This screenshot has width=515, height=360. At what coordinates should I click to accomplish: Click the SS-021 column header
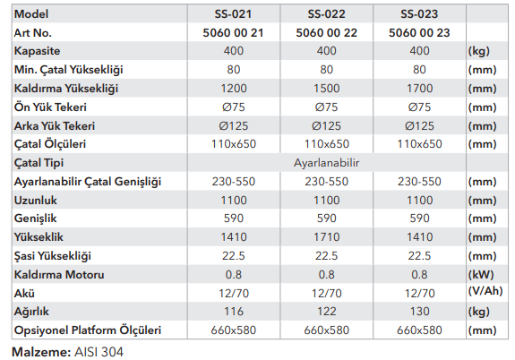(233, 14)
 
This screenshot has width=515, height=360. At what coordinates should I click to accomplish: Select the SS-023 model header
(419, 14)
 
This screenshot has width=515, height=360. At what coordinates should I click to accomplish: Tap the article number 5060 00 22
(326, 33)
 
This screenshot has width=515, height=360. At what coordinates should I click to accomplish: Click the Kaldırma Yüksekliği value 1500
(327, 89)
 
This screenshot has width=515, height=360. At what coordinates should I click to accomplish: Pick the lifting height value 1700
(419, 89)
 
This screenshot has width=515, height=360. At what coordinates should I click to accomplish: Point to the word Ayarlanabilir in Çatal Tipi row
(327, 163)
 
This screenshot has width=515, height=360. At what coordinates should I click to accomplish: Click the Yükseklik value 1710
(327, 237)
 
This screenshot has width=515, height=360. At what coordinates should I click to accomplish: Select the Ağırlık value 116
(234, 312)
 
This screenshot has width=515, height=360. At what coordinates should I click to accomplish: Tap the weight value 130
(419, 312)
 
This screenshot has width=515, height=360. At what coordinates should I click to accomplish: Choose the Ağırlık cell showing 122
(327, 312)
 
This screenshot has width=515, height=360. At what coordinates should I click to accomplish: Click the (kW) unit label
(481, 275)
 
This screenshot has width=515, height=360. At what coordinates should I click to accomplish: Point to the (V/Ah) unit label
(485, 291)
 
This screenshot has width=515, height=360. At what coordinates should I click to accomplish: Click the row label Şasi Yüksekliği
(52, 256)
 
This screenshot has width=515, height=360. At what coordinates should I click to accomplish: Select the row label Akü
(24, 293)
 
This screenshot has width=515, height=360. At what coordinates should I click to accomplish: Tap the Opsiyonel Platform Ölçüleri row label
(88, 330)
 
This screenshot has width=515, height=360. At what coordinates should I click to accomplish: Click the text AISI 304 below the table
(99, 352)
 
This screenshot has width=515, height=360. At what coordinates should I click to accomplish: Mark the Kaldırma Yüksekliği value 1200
(234, 89)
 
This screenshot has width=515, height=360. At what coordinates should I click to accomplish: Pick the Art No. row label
(33, 33)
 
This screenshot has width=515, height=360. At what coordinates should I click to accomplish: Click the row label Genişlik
(35, 219)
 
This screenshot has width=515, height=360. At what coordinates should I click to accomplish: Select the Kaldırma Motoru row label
(59, 275)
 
